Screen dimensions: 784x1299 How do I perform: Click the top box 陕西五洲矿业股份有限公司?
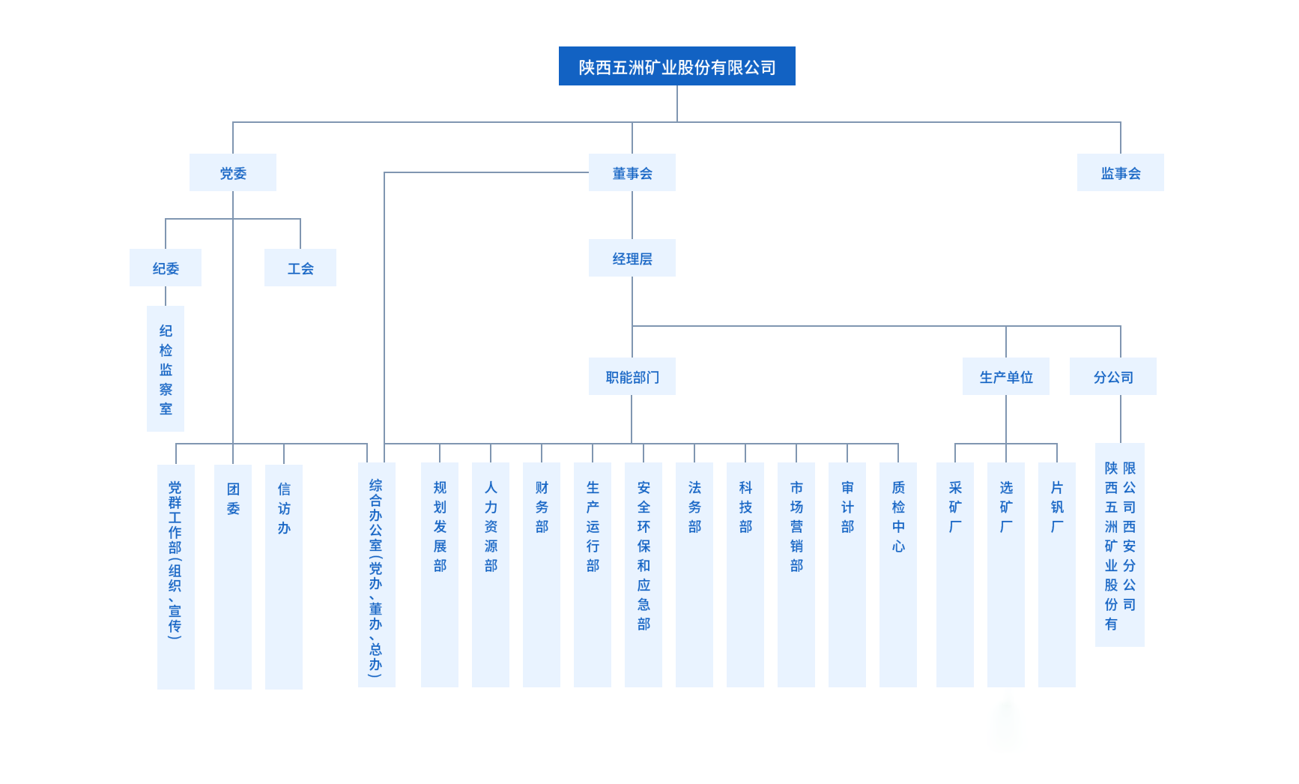[x=676, y=67]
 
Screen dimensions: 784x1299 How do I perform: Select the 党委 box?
[x=232, y=173]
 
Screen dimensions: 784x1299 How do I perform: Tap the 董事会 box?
[x=632, y=173]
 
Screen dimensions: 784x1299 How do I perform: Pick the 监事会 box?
[x=1120, y=173]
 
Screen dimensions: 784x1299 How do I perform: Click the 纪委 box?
[x=166, y=268]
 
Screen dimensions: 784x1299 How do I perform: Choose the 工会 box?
[x=300, y=268]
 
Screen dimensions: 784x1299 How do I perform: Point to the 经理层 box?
[x=632, y=259]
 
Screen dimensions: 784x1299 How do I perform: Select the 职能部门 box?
[x=632, y=377]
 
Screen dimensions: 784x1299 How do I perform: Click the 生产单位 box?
[x=1005, y=377]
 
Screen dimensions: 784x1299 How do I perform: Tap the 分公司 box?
[x=1112, y=377]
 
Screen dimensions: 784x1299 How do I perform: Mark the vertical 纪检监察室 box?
[x=166, y=369]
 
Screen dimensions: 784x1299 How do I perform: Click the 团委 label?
[x=233, y=498]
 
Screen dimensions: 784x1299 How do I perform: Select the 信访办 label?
[x=284, y=508]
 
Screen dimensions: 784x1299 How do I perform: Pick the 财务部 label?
[x=542, y=507]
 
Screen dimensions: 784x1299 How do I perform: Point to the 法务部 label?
[x=694, y=507]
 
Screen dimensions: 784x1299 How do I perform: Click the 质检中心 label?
[x=898, y=517]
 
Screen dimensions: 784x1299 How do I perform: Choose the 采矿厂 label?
[x=955, y=507]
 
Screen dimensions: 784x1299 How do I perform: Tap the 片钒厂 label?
[x=1057, y=507]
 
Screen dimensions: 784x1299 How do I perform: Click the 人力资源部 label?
[x=491, y=527]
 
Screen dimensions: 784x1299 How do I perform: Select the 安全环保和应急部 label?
[x=644, y=555]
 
